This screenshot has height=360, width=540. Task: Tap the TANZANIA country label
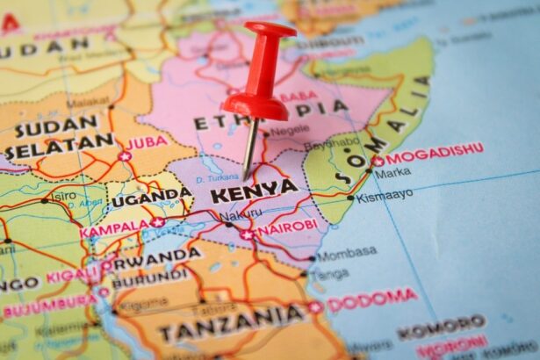[232, 328]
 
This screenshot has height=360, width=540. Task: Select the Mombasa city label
[346, 256]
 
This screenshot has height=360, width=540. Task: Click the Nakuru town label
[240, 213]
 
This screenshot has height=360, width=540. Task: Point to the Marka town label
[392, 173]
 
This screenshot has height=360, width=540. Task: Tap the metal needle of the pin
[250, 145]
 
